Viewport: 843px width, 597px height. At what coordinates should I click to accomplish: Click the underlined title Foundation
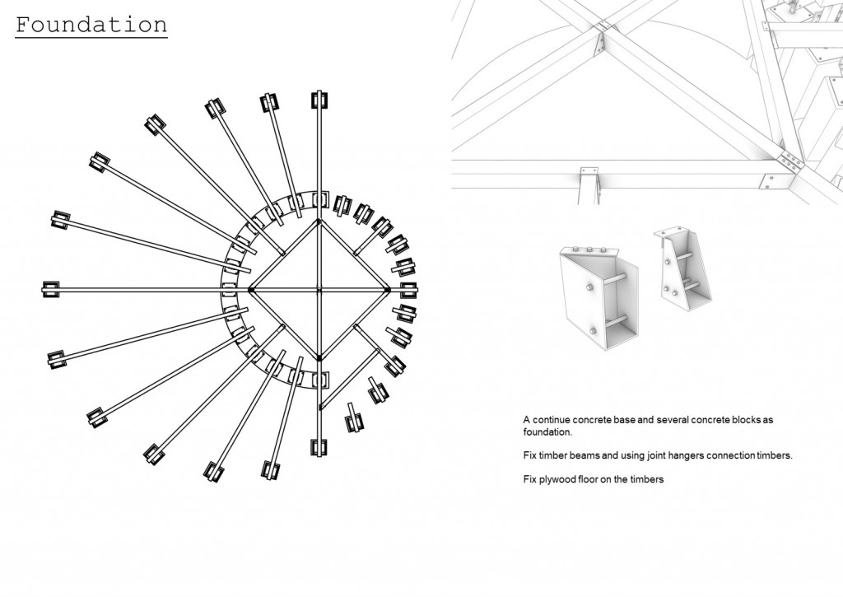(91, 25)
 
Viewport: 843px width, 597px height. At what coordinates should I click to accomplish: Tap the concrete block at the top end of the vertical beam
(319, 100)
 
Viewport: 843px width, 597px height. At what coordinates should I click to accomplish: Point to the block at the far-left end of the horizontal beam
(50, 289)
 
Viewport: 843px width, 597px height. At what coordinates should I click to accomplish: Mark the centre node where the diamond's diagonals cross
(319, 290)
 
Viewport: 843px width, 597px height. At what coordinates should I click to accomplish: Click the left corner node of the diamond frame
(250, 290)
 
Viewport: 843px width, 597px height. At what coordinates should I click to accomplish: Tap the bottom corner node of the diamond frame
(319, 358)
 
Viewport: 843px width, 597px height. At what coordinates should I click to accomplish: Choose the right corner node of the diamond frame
(388, 290)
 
